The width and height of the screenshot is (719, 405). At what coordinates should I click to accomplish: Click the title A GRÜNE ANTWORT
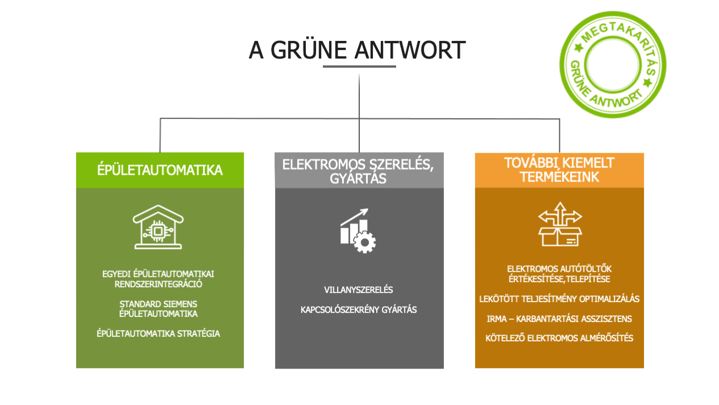357,50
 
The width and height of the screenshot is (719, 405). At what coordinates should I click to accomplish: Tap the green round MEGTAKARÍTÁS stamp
612,64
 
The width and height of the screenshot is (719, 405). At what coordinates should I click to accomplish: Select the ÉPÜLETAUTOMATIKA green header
160,170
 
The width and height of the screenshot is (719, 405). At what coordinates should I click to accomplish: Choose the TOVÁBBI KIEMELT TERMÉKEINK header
559,170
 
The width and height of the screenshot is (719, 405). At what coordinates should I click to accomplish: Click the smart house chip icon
159,228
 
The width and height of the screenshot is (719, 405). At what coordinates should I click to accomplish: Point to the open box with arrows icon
560,224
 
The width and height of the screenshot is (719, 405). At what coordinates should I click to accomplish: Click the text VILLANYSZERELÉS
359,290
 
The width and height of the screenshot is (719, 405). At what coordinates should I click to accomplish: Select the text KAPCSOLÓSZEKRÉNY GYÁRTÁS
359,310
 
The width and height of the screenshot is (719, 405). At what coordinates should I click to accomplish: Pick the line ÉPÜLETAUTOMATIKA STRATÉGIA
159,334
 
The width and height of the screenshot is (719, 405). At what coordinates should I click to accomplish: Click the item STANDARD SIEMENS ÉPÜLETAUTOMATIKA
159,309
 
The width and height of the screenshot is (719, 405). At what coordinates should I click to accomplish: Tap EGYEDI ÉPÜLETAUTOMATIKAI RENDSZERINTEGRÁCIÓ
159,279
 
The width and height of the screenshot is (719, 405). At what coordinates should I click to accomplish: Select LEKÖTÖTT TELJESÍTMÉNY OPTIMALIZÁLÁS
559,299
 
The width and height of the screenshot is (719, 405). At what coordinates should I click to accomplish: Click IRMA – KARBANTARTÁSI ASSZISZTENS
559,319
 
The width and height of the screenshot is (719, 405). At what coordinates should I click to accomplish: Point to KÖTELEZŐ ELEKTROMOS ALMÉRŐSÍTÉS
559,338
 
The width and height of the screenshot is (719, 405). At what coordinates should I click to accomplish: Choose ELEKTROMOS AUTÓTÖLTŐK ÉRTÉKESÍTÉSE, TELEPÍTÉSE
559,274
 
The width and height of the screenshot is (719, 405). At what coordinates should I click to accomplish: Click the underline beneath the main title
359,67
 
